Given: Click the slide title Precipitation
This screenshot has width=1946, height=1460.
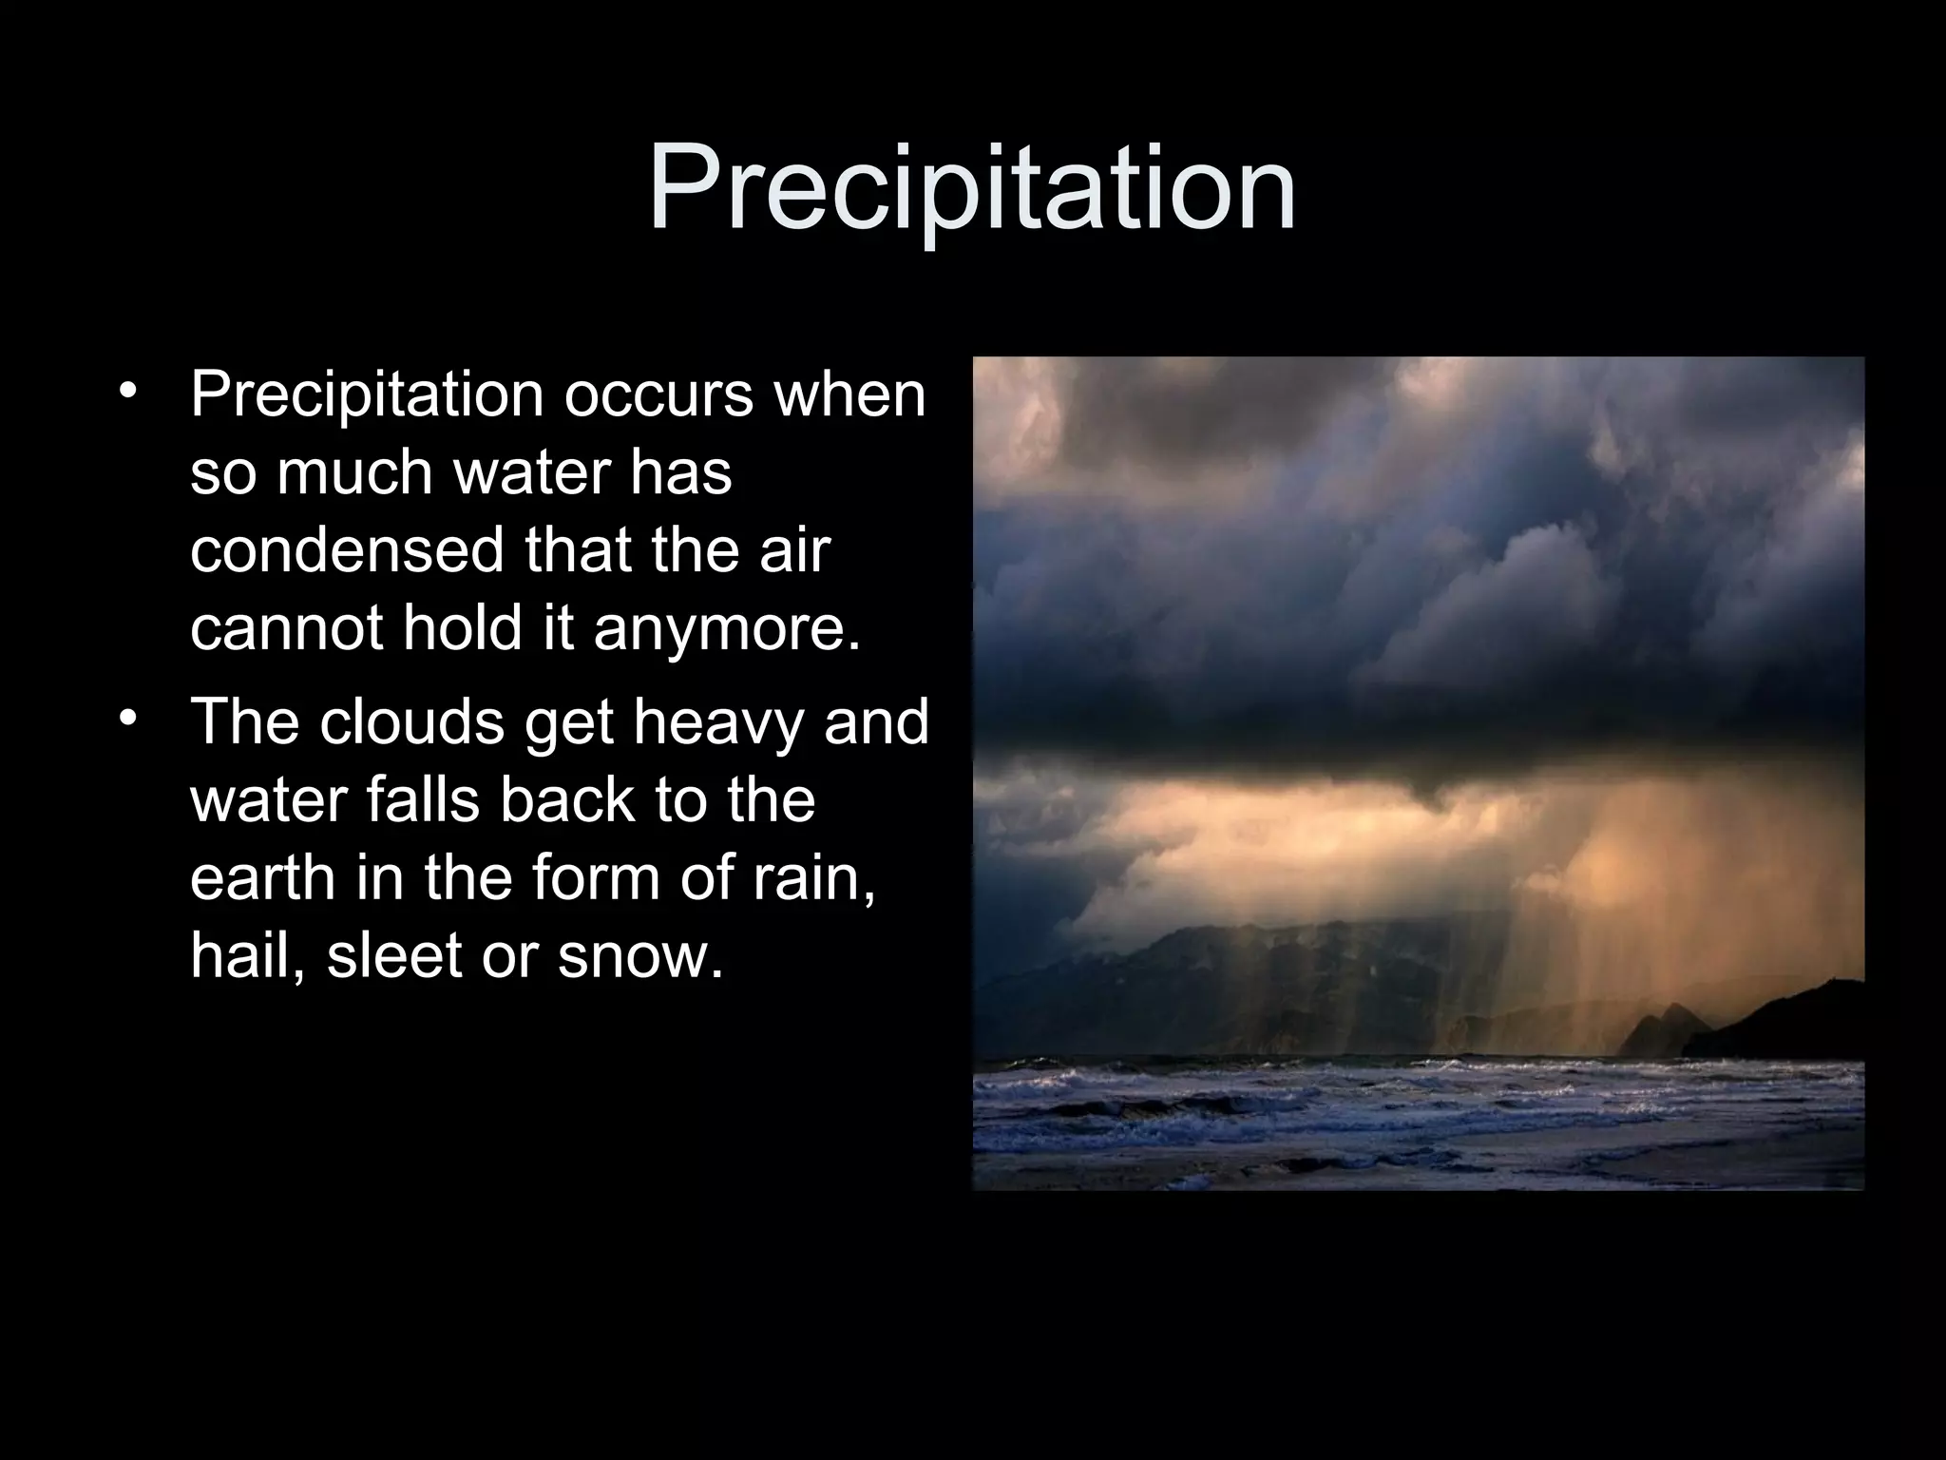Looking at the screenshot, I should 972,189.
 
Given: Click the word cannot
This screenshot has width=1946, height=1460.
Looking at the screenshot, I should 284,629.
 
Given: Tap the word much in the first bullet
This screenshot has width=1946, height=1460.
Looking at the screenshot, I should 355,473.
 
